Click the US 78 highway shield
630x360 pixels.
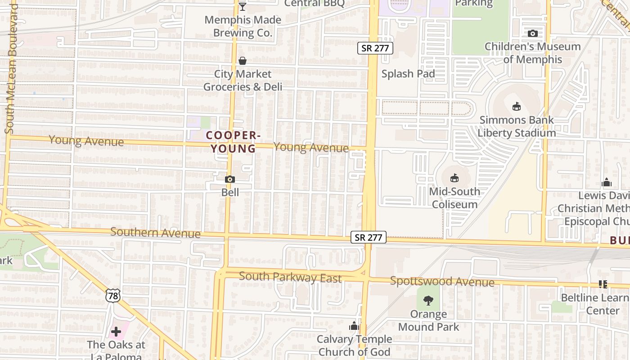click(113, 296)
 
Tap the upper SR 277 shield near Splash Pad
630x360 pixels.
click(375, 48)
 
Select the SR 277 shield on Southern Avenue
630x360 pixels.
click(369, 237)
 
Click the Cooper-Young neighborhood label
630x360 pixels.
click(232, 142)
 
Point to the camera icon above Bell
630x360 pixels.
click(230, 179)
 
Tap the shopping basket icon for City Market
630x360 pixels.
click(243, 61)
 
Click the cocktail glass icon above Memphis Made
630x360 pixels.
click(242, 6)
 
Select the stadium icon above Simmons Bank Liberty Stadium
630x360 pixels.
click(516, 107)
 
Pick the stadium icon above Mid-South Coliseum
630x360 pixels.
click(454, 178)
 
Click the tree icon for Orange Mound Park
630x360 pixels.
click(428, 300)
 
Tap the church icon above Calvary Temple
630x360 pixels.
click(354, 325)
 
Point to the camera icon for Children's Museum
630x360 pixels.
click(533, 33)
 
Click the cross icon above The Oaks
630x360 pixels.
click(116, 332)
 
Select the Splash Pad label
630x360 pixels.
click(408, 74)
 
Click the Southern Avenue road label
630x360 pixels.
click(155, 233)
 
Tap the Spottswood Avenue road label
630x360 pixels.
click(442, 281)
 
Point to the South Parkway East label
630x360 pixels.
click(290, 277)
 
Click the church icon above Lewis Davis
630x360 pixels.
click(607, 182)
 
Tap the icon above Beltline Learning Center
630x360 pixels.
click(603, 284)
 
